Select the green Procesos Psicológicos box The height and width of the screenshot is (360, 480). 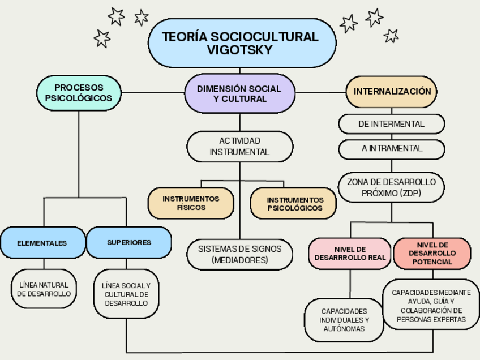point(79,93)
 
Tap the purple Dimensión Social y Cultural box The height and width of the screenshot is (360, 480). point(239,93)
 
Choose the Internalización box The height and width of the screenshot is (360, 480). point(392,91)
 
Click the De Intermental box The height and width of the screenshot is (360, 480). point(391,123)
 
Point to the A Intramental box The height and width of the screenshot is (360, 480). point(392,148)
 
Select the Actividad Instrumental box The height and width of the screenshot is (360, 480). point(239,146)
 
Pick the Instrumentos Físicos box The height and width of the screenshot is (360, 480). point(191,203)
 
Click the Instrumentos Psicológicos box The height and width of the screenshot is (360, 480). point(294,204)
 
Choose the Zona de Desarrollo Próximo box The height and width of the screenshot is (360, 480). point(391,187)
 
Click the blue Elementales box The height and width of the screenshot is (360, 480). point(42,243)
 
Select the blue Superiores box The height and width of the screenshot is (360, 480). point(129,242)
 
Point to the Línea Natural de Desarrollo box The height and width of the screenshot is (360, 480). point(44,289)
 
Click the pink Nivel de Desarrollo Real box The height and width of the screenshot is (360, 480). point(350,253)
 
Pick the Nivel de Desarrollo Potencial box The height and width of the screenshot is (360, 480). point(432,253)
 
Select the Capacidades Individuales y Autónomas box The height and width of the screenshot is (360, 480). point(344,320)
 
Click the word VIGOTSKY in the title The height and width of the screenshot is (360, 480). point(240,50)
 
